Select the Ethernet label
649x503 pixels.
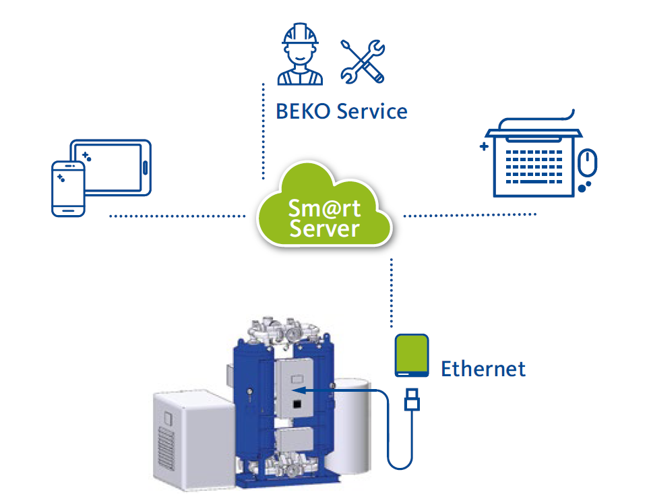(483, 369)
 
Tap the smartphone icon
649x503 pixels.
(68, 189)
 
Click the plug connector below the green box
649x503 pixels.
(412, 399)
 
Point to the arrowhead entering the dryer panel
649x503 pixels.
(301, 390)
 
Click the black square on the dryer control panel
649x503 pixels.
(296, 405)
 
